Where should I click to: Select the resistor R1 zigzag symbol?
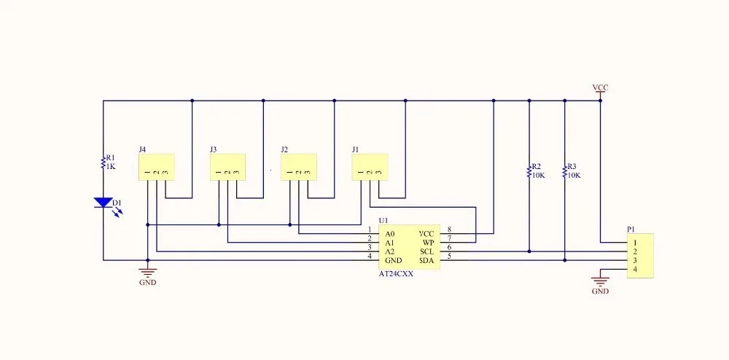coord(103,163)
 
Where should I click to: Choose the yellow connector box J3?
coord(227,167)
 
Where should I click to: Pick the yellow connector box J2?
coord(299,167)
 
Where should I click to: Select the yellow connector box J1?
coord(370,167)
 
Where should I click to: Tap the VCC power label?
coord(600,87)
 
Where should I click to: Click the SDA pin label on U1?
coord(427,260)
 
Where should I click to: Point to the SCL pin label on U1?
coord(427,251)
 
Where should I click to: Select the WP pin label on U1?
coord(429,243)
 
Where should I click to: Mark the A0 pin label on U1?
coord(390,234)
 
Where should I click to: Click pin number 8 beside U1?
coord(449,230)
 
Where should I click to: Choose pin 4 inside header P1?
coord(636,270)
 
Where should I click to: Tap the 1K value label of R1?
coord(111,166)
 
